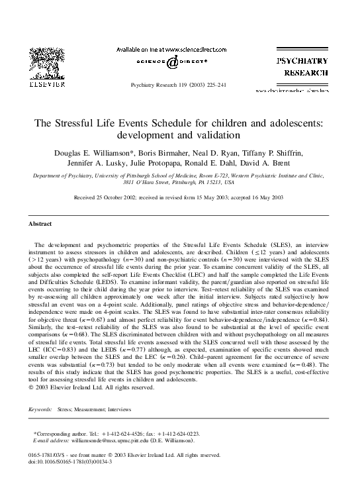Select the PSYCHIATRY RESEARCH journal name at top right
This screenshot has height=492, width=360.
point(302,66)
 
